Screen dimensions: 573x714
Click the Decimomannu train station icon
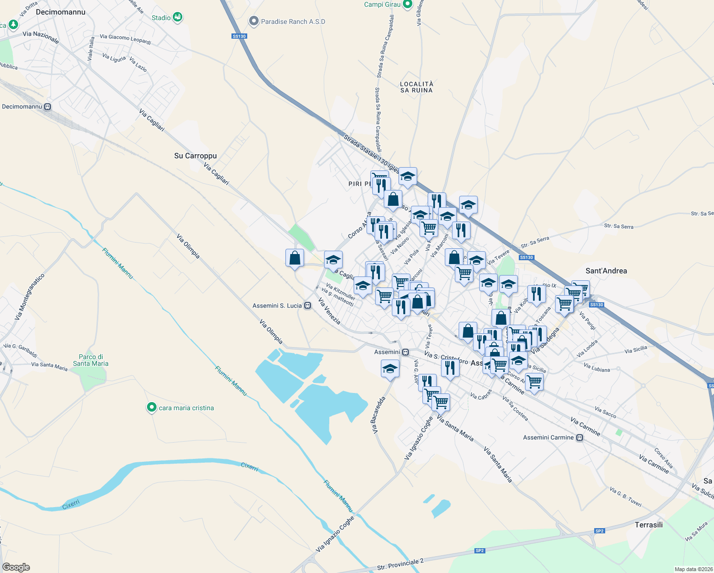(x=47, y=107)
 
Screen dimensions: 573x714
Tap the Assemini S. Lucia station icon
(x=308, y=306)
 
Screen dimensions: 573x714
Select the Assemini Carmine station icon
(x=579, y=437)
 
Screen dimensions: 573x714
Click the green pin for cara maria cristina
(x=152, y=407)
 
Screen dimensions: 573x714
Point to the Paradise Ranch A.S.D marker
(x=253, y=21)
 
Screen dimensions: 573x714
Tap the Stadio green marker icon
(x=178, y=17)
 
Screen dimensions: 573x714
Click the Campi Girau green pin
(x=407, y=4)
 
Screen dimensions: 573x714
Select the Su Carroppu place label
(x=195, y=156)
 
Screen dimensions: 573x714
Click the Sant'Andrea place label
(x=606, y=271)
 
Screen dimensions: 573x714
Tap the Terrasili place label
(x=649, y=525)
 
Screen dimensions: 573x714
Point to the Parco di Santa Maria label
(x=91, y=360)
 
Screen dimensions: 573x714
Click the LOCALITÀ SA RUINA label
(x=417, y=87)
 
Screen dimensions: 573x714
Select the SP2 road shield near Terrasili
(x=599, y=531)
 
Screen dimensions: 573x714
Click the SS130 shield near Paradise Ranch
(x=239, y=36)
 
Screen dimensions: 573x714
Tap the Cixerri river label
(x=249, y=467)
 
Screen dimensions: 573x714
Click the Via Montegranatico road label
(x=29, y=297)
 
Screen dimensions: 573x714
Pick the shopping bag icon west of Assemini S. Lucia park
(x=294, y=258)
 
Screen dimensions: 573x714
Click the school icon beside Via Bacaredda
(x=390, y=369)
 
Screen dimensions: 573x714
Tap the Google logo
(x=16, y=567)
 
